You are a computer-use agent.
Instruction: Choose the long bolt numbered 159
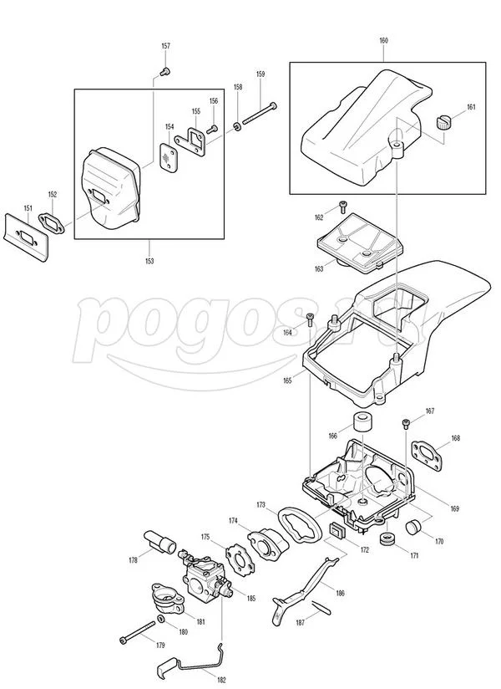point(260,115)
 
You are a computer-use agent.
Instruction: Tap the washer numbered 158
point(237,126)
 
